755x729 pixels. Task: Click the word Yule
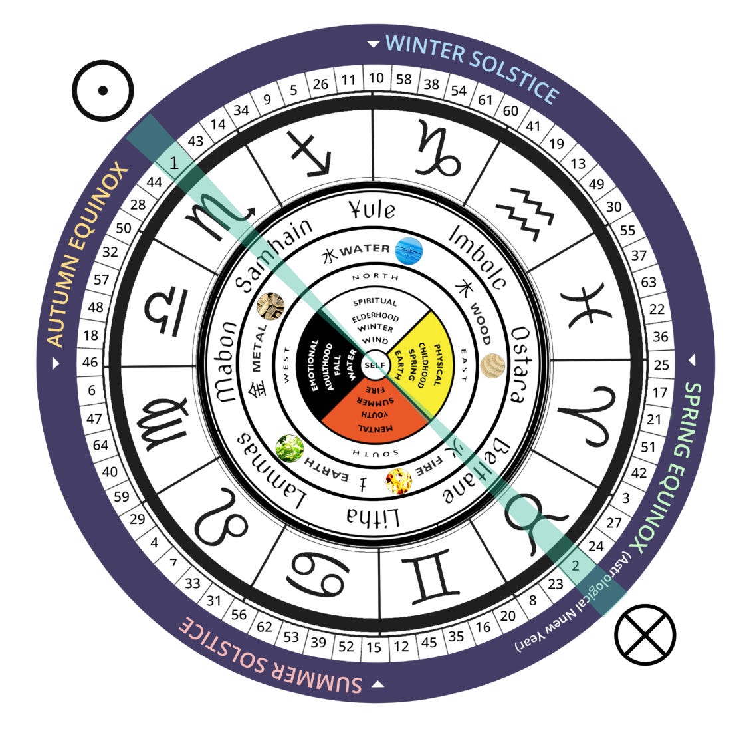coord(372,210)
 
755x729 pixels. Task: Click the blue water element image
coord(408,251)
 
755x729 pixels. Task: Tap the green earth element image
coord(290,449)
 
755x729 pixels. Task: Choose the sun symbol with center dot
coord(104,90)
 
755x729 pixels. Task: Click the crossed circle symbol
coord(645,634)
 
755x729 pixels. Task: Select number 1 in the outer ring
coord(174,162)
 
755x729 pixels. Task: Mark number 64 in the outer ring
coord(100,445)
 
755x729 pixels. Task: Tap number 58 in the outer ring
coord(403,79)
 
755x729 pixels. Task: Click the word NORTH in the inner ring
coord(376,277)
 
